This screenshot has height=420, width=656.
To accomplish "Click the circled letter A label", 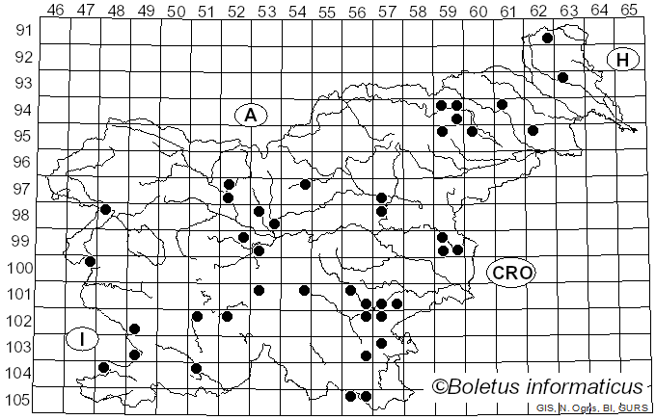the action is (x=250, y=115).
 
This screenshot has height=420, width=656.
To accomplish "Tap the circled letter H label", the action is (x=623, y=60).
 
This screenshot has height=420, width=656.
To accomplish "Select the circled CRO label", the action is (x=511, y=273).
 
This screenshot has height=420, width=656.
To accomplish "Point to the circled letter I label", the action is (x=83, y=338).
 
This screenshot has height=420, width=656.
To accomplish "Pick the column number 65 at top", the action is (x=629, y=10).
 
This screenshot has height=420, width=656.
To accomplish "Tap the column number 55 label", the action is (x=327, y=10).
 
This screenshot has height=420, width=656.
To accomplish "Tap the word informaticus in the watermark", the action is (x=587, y=386).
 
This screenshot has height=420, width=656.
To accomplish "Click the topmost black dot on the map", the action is (x=547, y=39).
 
